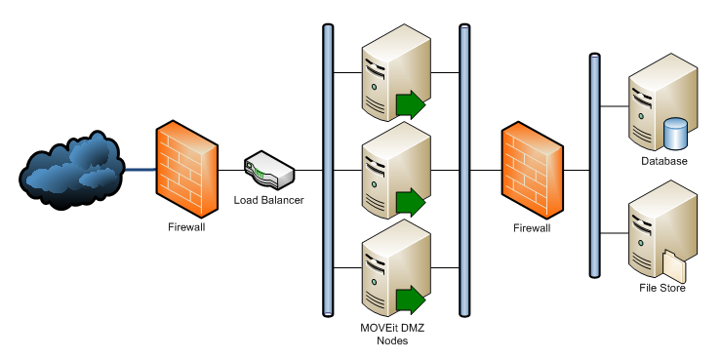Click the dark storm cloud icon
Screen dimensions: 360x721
(x=70, y=168)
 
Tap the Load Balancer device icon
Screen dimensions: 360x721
(x=269, y=171)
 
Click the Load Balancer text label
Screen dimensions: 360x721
(x=268, y=201)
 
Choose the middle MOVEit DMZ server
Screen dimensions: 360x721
(x=387, y=169)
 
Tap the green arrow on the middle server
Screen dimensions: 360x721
(x=411, y=203)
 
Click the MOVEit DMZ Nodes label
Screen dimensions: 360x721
(x=391, y=334)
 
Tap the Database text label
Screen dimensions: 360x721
(x=663, y=161)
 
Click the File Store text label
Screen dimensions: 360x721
(x=663, y=289)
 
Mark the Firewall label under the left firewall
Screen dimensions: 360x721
(x=186, y=228)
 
